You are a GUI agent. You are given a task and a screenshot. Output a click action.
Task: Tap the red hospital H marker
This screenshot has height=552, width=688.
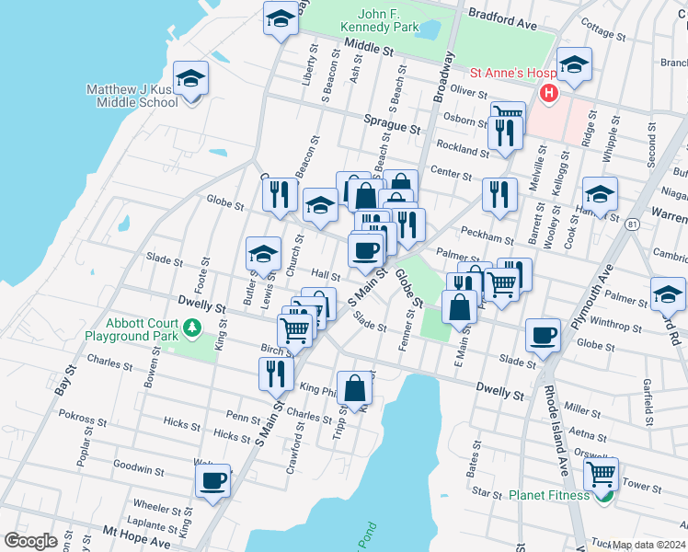click(x=549, y=92)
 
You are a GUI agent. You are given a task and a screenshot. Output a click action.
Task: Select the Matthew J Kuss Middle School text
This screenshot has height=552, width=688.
click(x=132, y=96)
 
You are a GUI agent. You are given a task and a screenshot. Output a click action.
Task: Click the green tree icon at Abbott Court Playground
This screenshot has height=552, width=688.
click(x=192, y=327)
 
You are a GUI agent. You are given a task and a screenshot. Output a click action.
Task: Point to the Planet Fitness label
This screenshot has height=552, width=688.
click(x=550, y=495)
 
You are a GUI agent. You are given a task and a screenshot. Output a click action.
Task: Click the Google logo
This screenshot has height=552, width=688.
click(x=30, y=541)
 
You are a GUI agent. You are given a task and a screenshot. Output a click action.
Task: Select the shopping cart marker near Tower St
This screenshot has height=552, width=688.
click(x=601, y=474)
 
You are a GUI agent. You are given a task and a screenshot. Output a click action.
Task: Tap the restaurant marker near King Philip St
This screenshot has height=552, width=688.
click(x=276, y=373)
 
